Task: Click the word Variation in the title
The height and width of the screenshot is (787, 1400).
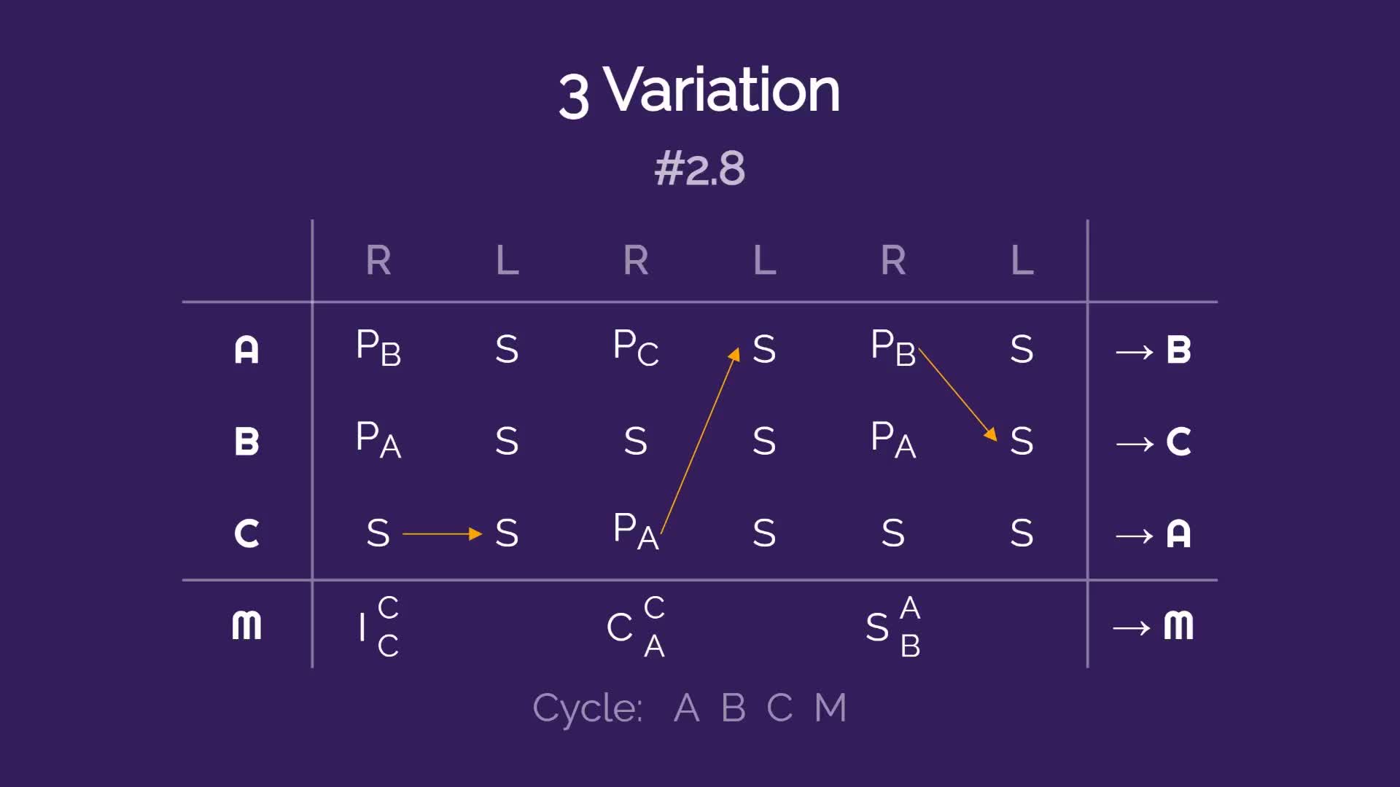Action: click(x=723, y=90)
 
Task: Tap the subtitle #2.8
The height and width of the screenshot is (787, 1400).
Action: click(x=700, y=169)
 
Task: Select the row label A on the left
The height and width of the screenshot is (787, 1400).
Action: click(x=246, y=350)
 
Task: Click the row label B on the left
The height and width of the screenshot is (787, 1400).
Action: click(x=246, y=442)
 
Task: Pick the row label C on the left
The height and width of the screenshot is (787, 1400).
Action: click(x=246, y=533)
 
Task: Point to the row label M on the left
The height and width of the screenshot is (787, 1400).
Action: click(x=246, y=626)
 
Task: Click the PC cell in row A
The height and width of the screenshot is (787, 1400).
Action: click(x=636, y=348)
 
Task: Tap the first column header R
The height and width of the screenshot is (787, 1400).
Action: click(x=378, y=260)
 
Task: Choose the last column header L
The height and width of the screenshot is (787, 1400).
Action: click(x=1022, y=260)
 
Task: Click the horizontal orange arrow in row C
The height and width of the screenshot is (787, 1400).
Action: click(x=443, y=534)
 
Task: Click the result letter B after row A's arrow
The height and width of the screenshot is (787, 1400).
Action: click(x=1178, y=350)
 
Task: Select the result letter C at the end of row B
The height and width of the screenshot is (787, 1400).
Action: click(x=1178, y=442)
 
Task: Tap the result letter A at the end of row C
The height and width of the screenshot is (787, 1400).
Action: click(x=1178, y=533)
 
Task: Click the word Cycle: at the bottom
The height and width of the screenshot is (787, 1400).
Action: click(x=588, y=708)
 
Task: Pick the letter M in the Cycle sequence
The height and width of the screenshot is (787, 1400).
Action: click(x=831, y=708)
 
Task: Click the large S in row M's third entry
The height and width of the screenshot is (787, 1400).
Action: click(x=877, y=627)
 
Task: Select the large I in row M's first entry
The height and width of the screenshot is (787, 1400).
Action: click(x=362, y=627)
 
